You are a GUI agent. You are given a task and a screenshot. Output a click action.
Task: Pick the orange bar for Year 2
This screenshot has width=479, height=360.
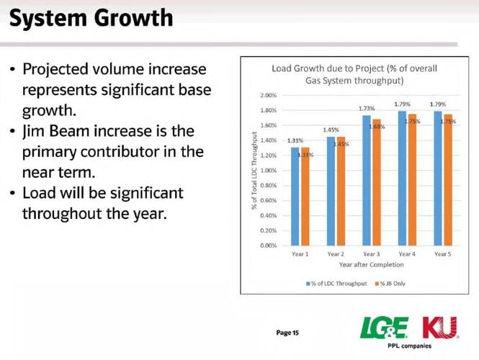pyautogui.click(x=341, y=192)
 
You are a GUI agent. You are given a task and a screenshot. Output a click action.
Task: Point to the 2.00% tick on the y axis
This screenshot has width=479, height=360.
pyautogui.click(x=268, y=95)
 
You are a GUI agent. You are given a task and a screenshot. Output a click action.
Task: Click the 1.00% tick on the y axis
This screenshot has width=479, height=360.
pyautogui.click(x=268, y=171)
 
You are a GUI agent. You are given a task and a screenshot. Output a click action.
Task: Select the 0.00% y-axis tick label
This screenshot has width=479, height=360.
pyautogui.click(x=268, y=246)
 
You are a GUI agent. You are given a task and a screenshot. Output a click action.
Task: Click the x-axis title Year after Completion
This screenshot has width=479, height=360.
pyautogui.click(x=370, y=265)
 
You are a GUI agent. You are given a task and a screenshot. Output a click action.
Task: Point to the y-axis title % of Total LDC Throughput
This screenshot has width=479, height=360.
pyautogui.click(x=254, y=171)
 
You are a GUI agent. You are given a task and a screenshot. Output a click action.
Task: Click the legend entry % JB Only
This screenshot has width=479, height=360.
pyautogui.click(x=390, y=283)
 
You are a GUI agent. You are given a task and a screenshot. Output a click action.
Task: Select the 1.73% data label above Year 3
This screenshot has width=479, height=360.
pyautogui.click(x=367, y=108)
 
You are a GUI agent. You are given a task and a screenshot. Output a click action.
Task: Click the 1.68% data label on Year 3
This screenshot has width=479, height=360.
pyautogui.click(x=377, y=127)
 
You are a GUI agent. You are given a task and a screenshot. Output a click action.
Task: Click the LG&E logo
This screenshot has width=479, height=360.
pyautogui.click(x=383, y=329)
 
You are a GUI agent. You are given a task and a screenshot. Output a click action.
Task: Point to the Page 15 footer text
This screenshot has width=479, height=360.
pyautogui.click(x=287, y=333)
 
